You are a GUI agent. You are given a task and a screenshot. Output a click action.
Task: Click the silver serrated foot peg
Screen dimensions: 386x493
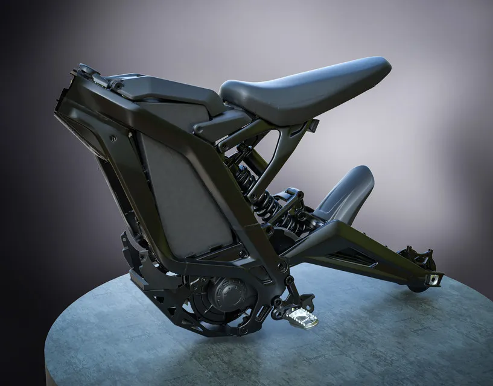click(301, 317)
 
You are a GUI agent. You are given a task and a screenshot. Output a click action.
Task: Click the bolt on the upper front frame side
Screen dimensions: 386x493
click(113, 138)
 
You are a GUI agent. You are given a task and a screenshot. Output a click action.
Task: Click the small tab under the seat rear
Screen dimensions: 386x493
click(314, 125)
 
